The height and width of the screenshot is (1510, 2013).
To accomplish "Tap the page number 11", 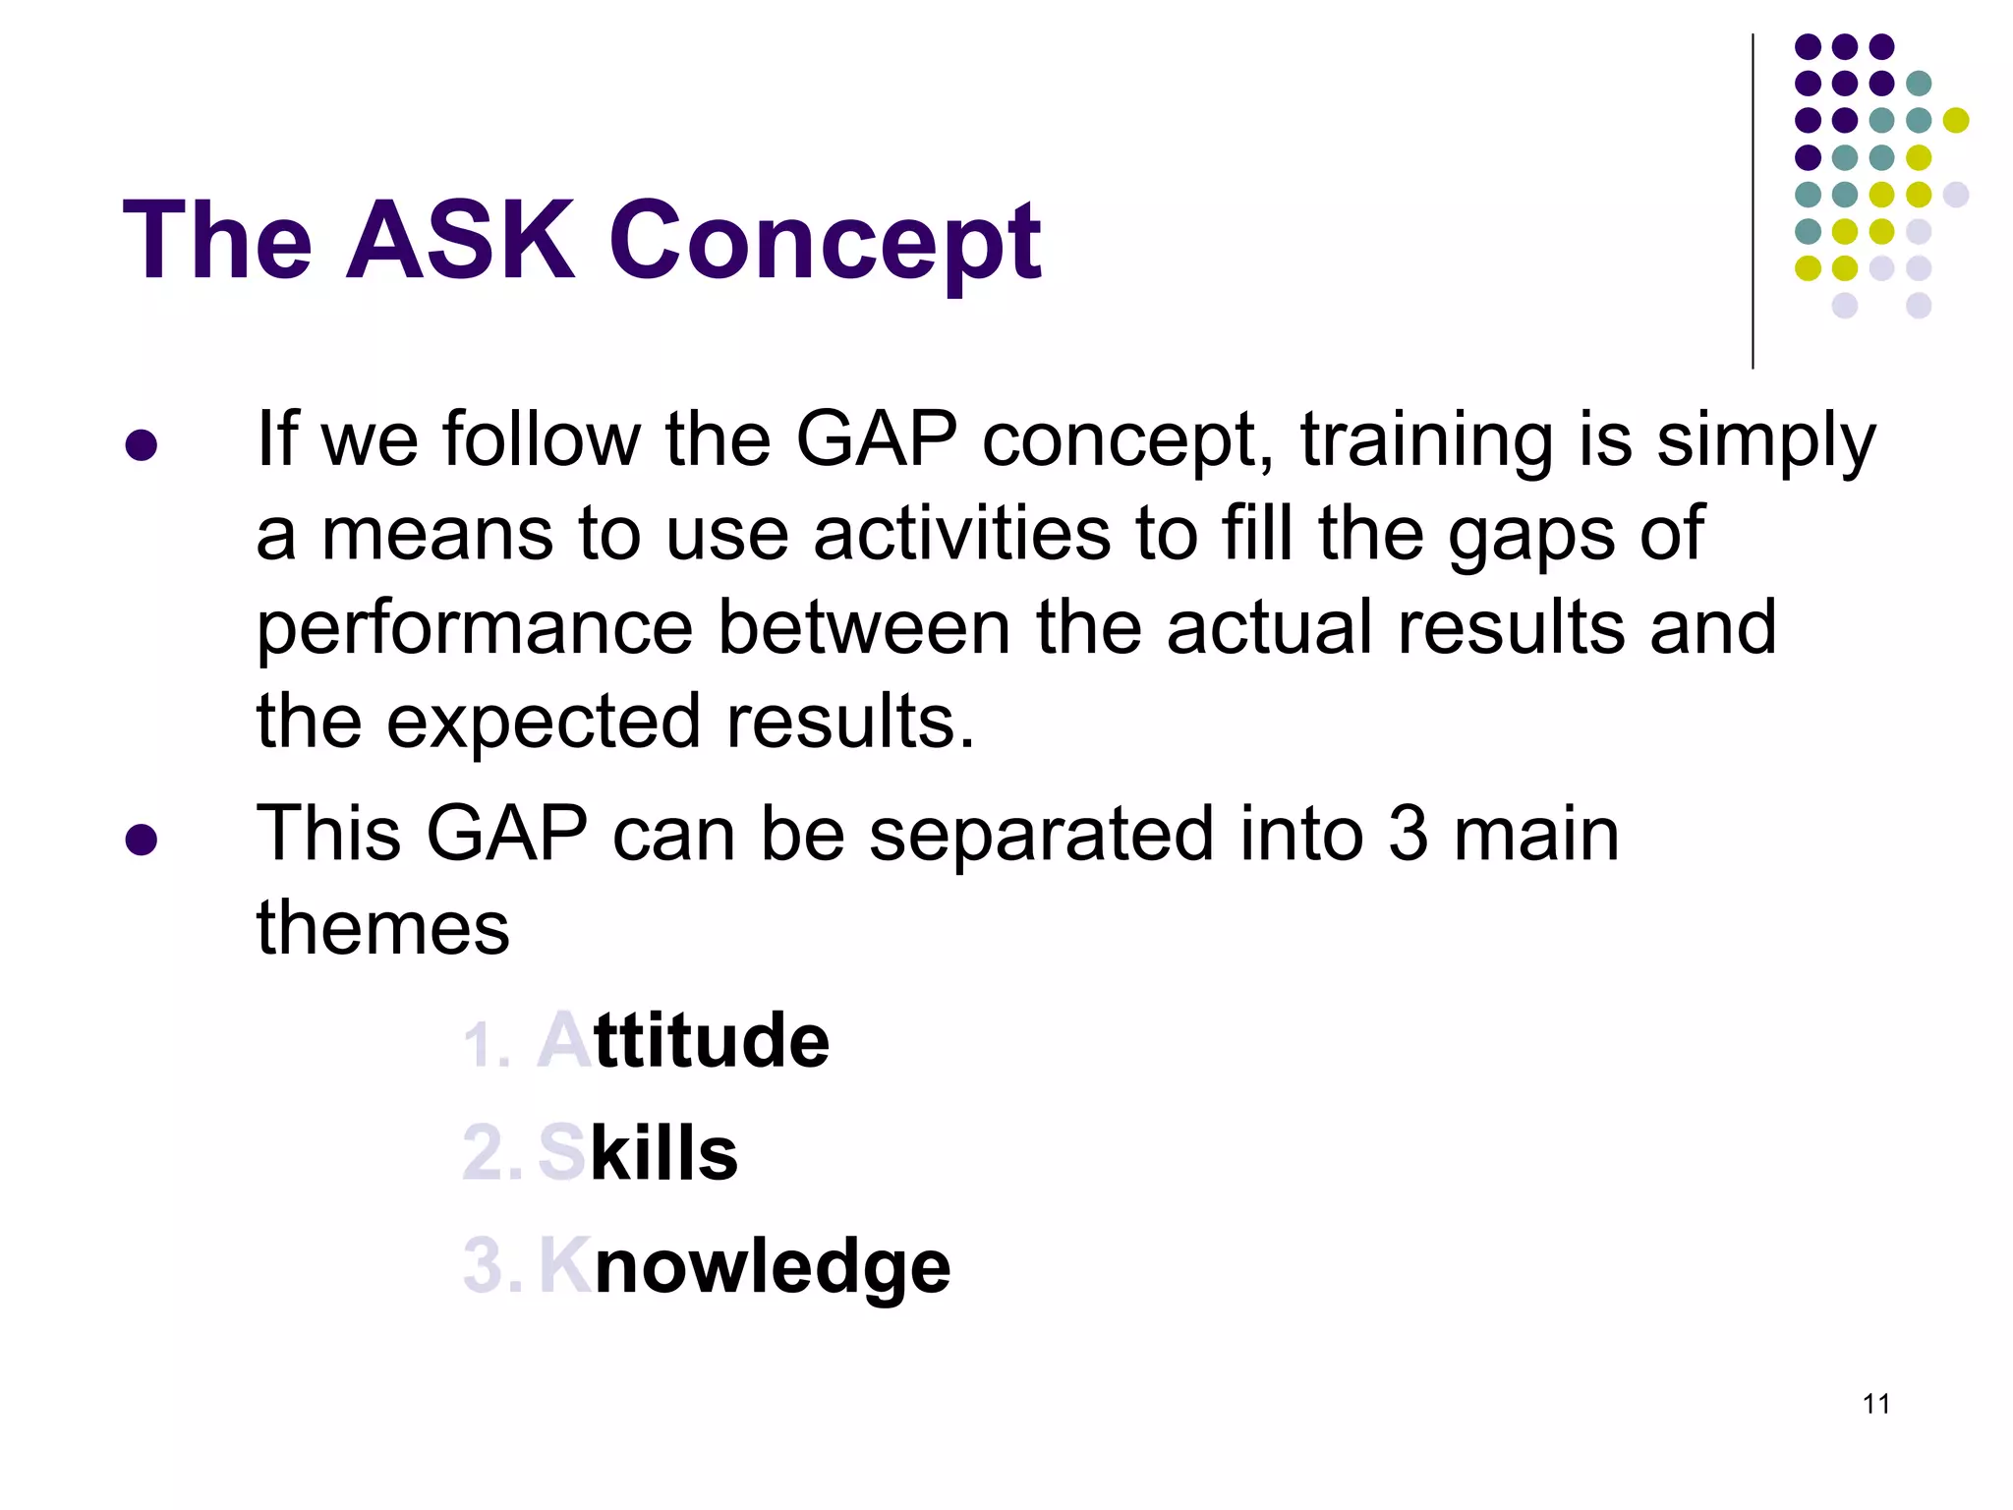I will click(1875, 1404).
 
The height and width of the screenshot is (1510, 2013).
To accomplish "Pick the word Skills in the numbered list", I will click(638, 1153).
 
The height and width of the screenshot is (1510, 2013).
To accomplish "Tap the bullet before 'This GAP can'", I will click(142, 840).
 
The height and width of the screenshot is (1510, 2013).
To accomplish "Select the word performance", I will click(475, 629).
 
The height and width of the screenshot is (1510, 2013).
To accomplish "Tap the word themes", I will click(382, 928).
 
